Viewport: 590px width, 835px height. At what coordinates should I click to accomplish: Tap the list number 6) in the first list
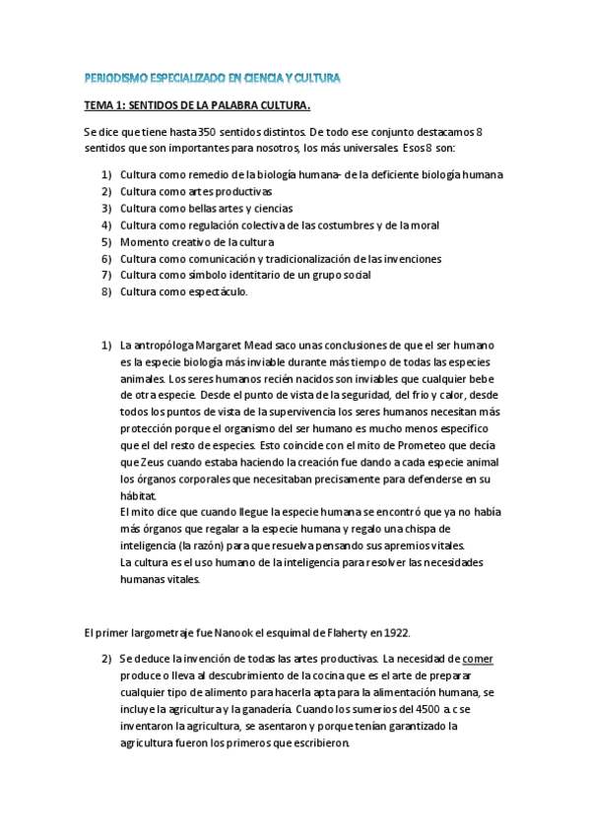click(x=106, y=259)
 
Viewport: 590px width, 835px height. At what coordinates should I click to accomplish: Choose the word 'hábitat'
click(x=138, y=495)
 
